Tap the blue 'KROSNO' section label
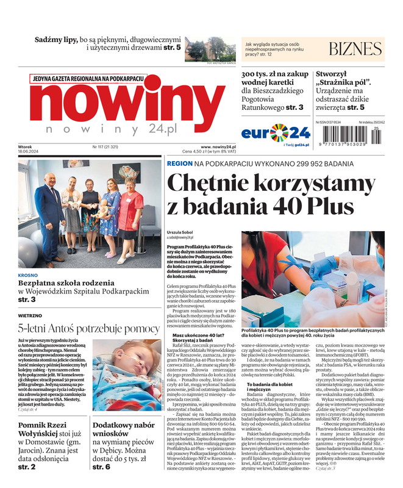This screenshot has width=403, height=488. pos(28,275)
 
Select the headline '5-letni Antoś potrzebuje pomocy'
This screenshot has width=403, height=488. pos(89,329)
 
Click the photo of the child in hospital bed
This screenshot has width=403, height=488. pos(128,378)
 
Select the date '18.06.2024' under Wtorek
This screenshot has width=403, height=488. pos(28,152)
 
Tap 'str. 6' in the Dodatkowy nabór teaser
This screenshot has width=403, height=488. pos(101,467)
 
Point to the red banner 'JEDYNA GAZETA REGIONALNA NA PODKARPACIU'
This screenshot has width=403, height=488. pos(88,79)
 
